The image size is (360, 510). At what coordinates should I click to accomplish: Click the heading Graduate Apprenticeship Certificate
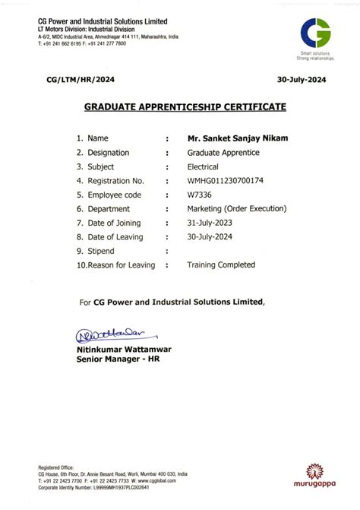[x=185, y=107]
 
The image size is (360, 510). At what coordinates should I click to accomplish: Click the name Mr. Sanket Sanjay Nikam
[x=236, y=138]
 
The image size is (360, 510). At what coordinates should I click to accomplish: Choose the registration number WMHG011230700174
[x=226, y=181]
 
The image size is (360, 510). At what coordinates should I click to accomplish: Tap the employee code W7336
[x=199, y=195]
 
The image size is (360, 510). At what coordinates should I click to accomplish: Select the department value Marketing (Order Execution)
[x=236, y=209]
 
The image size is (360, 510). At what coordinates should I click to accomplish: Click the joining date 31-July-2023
[x=210, y=223]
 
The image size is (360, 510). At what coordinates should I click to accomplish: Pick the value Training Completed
[x=221, y=265]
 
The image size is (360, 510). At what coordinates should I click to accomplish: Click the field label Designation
[x=108, y=153]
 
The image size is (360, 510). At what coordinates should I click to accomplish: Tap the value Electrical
[x=203, y=166]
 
